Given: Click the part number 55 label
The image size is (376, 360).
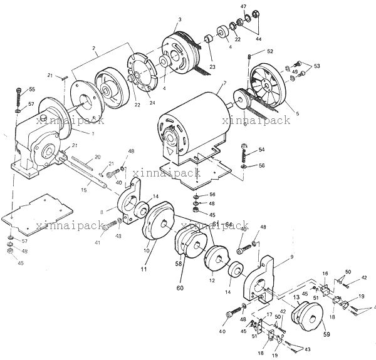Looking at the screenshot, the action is [32, 90].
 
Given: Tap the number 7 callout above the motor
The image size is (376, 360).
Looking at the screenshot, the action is [224, 83].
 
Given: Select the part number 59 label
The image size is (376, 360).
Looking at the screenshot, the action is [326, 334].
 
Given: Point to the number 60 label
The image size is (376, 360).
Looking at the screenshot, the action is [180, 288].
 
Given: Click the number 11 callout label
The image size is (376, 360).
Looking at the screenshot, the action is [144, 269].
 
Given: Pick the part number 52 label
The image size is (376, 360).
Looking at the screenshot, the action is [270, 51].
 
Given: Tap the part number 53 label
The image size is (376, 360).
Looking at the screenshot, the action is [316, 66].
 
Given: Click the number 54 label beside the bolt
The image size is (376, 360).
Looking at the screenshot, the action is [261, 150].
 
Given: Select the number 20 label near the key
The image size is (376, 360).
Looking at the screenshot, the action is [97, 157].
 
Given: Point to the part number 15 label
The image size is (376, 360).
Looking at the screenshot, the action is [84, 190].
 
